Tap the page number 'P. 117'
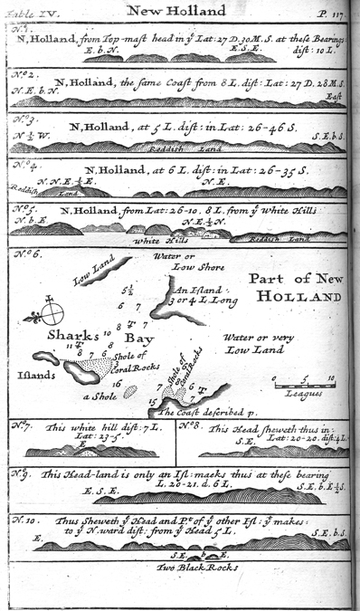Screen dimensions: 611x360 (327, 12)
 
